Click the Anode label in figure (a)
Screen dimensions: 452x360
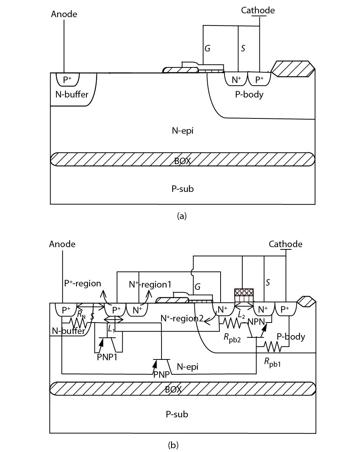64,14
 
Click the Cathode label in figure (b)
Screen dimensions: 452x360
285,244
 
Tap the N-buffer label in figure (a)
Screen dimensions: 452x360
72,94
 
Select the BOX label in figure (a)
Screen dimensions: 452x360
182,161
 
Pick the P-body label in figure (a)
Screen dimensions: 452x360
249,94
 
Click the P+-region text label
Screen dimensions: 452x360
82,283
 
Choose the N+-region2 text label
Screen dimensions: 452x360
182,318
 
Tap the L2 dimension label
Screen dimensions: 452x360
241,316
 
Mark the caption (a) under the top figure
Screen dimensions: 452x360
182,216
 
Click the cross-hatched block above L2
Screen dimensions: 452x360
244,292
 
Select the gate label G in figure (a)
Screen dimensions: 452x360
208,48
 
